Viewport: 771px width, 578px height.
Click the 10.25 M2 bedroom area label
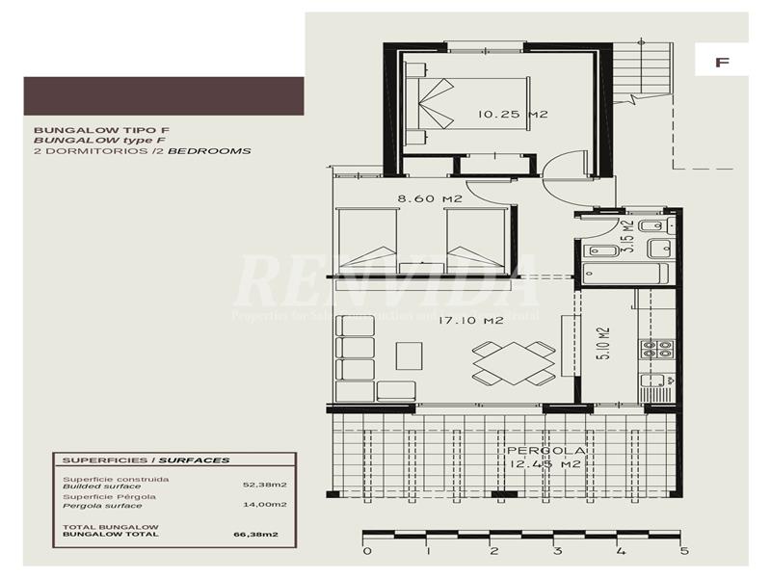[x=513, y=115]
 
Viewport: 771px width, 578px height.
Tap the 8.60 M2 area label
[x=430, y=199]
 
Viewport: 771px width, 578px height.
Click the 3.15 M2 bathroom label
[x=626, y=237]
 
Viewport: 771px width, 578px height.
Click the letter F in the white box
[x=721, y=62]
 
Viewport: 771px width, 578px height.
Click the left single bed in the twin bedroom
[x=365, y=241]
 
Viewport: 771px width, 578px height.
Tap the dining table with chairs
[x=514, y=364]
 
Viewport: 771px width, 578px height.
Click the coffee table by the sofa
[x=408, y=355]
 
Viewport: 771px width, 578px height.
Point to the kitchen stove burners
[x=658, y=349]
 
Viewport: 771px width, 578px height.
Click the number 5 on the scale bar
[x=684, y=552]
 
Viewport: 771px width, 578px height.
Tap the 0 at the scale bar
[x=366, y=552]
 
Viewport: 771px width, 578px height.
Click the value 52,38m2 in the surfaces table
[x=258, y=486]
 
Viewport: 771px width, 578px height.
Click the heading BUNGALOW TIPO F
[x=88, y=129]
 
